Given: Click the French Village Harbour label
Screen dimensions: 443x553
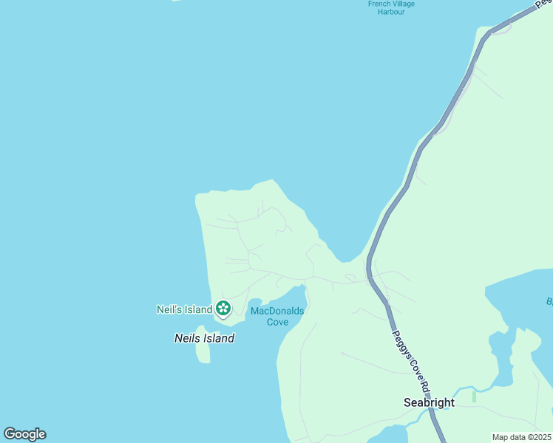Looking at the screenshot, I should point(391,7).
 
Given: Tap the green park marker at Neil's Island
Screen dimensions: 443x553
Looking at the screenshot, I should point(223,309).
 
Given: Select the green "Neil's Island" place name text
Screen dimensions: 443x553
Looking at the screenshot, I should point(184,309).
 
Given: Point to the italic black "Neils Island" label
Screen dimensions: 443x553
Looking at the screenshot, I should point(204,338).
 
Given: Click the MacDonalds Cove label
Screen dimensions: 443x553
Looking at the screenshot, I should point(277,316).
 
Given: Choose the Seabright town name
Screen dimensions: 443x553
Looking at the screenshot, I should point(429,402).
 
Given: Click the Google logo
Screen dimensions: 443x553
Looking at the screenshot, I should point(24,434).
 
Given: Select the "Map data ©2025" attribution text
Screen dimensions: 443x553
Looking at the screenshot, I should point(521,437).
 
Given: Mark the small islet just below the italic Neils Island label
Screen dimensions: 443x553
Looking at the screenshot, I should point(203,353).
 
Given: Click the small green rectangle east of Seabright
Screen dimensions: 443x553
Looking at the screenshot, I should point(474,396).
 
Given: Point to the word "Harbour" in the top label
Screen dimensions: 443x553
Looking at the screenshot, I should point(391,12).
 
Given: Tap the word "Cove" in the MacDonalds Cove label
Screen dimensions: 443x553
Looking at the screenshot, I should point(277,322).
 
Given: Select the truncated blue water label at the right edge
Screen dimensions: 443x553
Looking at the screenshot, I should point(549,301).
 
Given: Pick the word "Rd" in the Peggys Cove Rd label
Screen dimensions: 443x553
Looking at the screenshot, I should point(424,382).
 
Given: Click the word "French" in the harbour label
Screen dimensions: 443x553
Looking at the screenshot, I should point(379,4).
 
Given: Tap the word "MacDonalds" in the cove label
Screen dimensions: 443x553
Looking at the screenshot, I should point(277,311).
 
